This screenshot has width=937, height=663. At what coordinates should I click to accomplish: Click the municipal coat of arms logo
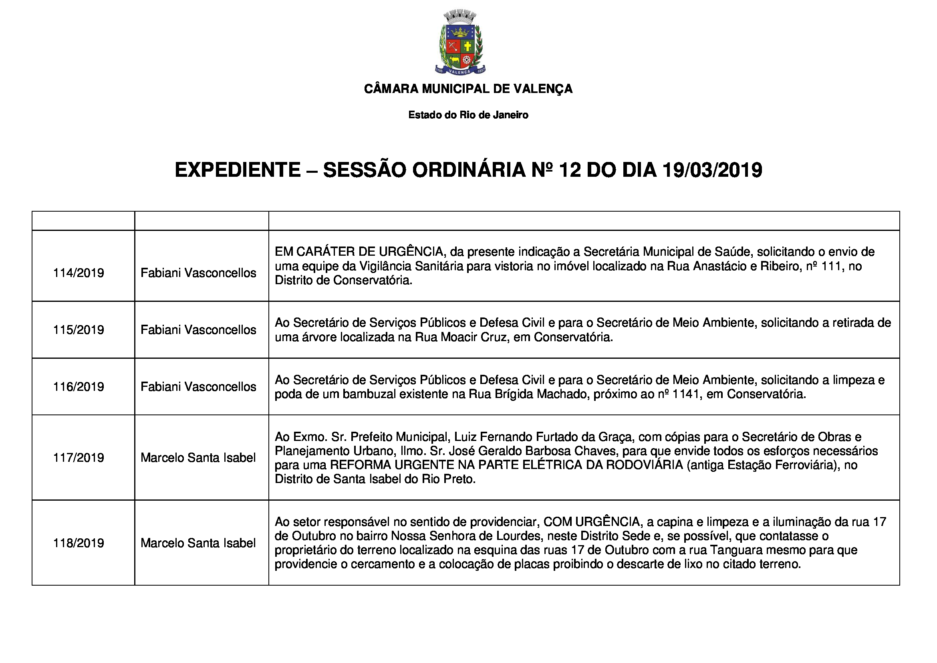coord(460,43)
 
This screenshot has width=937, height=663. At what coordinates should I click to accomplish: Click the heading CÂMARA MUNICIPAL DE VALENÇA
coord(468,89)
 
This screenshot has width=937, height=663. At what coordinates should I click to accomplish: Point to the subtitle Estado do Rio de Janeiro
coord(468,115)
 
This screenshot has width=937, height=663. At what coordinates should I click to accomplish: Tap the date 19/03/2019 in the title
coord(712,170)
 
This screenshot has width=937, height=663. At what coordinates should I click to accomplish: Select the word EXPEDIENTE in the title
coord(238,170)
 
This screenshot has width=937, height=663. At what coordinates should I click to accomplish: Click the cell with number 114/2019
coord(79,273)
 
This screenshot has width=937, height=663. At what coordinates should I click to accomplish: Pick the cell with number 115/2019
coord(79,329)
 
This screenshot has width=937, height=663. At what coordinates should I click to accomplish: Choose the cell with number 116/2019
coord(79,386)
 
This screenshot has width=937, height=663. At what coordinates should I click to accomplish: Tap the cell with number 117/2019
coord(79,458)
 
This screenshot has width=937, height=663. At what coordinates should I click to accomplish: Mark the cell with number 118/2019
coord(79,543)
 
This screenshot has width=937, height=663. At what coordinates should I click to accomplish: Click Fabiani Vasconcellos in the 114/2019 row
coord(198,273)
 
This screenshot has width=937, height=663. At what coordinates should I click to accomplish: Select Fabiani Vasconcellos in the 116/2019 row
coord(198,386)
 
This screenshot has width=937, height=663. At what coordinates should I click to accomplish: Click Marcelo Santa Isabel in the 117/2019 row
coord(198,458)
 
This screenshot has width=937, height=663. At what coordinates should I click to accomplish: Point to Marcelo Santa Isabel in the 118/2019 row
coord(198,543)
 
